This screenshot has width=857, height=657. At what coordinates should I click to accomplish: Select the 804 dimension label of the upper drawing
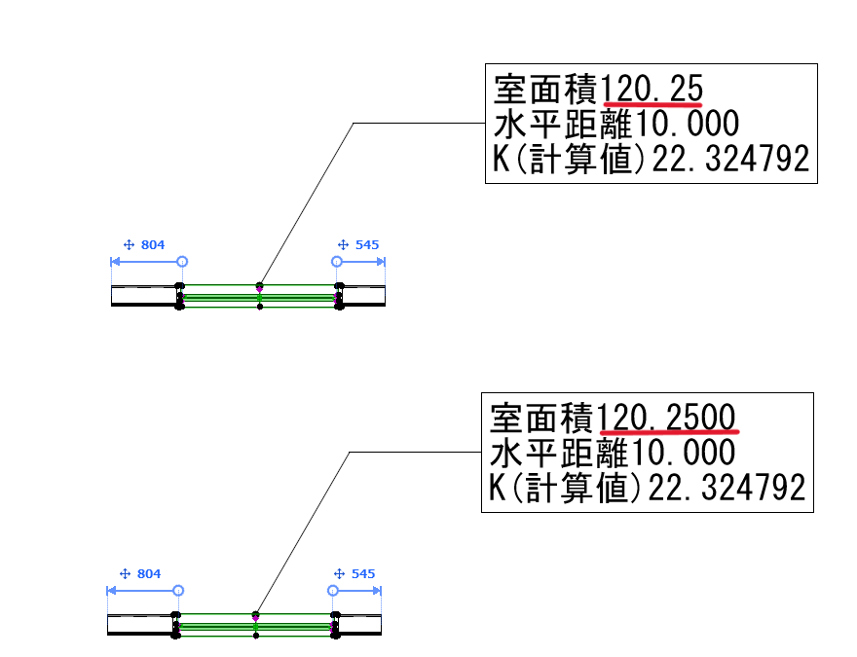point(152,245)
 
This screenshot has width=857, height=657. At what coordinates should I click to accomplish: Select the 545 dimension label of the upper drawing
point(366,245)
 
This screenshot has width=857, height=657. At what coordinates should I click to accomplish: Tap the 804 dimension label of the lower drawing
point(148,574)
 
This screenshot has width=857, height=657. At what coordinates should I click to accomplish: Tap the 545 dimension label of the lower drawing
point(362,574)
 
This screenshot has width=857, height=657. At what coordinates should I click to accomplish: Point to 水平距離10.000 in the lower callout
point(612,453)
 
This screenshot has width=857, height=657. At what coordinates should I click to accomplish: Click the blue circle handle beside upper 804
point(182,262)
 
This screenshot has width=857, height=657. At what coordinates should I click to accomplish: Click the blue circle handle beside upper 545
point(337,262)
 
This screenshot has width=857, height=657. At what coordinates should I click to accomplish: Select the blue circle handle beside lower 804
point(178,591)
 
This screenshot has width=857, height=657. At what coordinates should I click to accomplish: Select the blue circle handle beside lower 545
point(333,591)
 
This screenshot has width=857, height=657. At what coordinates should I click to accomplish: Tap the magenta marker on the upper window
point(260,289)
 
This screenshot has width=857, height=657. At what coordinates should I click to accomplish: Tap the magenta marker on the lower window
point(256,618)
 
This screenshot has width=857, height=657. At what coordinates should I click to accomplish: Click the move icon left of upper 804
point(128,245)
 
